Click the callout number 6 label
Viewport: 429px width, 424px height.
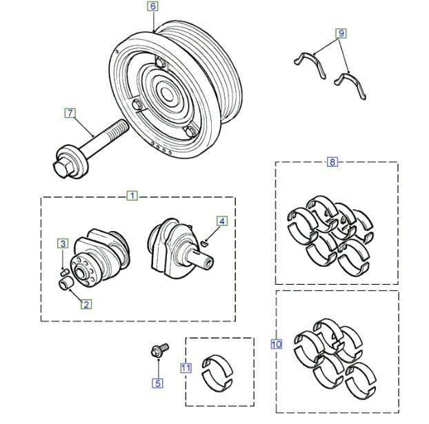coord(152,6)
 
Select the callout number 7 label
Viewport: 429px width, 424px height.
coord(69,112)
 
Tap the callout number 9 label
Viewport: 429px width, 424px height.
coord(341,33)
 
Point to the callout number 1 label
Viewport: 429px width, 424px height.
coord(132,196)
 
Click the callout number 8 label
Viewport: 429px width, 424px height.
coord(332,162)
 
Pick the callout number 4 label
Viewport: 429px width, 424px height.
coord(221,221)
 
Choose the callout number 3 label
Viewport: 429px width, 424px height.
coord(63,243)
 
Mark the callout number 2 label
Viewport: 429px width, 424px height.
coord(86,303)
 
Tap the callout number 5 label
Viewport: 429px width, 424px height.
coord(158,383)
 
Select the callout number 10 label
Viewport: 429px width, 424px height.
coord(277,343)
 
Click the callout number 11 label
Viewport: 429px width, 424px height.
coord(186,368)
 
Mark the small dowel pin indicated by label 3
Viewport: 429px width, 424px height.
coord(63,270)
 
